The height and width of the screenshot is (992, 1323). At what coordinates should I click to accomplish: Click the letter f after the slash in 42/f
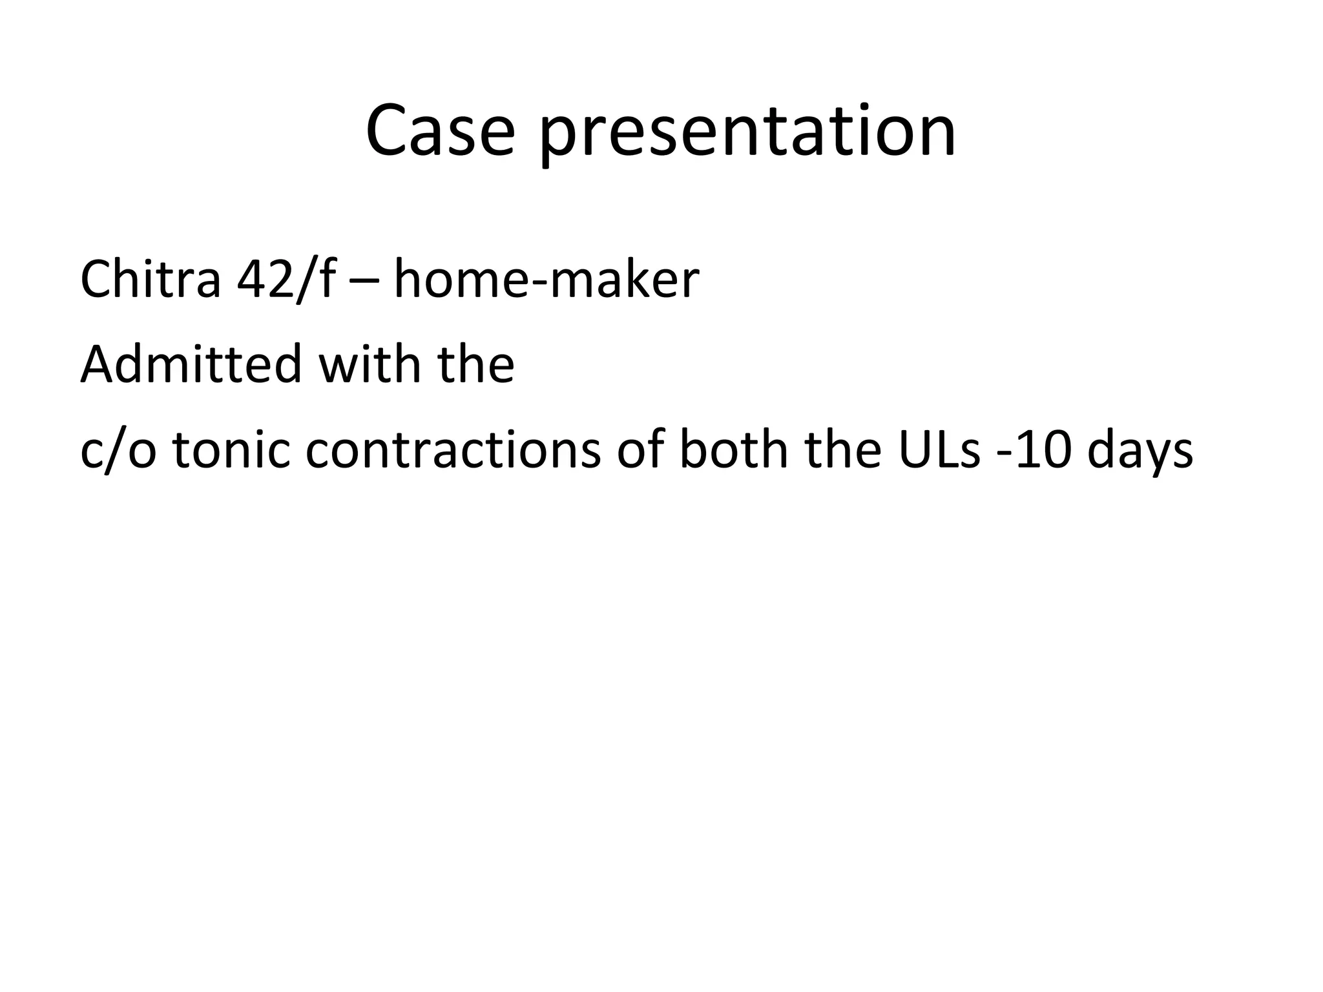(x=326, y=279)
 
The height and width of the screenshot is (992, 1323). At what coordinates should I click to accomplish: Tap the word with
(x=369, y=364)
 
